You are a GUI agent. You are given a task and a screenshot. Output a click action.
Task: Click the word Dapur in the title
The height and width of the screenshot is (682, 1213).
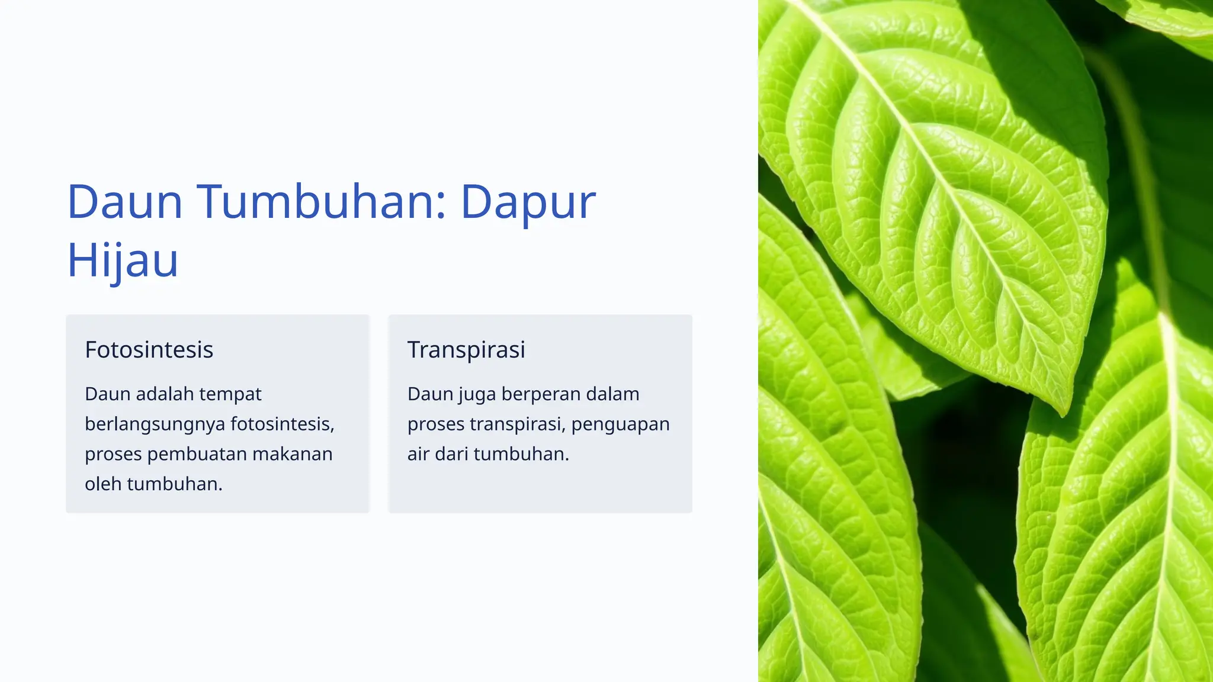click(x=528, y=202)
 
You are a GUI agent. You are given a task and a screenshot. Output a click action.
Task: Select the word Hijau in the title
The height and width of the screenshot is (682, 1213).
click(x=123, y=260)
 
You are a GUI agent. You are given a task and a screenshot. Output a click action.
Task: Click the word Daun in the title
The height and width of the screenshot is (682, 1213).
click(x=125, y=202)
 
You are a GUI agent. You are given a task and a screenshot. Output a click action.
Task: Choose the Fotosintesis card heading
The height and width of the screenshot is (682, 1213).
click(x=149, y=350)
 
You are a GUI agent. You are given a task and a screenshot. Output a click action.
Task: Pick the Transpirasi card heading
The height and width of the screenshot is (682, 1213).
click(x=466, y=350)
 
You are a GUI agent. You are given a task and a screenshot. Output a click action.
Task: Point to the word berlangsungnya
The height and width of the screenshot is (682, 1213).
click(x=155, y=424)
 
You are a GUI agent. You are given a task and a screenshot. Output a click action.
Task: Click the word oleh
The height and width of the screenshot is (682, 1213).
click(x=103, y=484)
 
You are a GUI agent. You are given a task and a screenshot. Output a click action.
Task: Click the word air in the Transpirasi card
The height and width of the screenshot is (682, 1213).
click(x=418, y=454)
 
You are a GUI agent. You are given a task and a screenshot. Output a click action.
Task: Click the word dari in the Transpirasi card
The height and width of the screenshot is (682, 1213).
click(x=451, y=454)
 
